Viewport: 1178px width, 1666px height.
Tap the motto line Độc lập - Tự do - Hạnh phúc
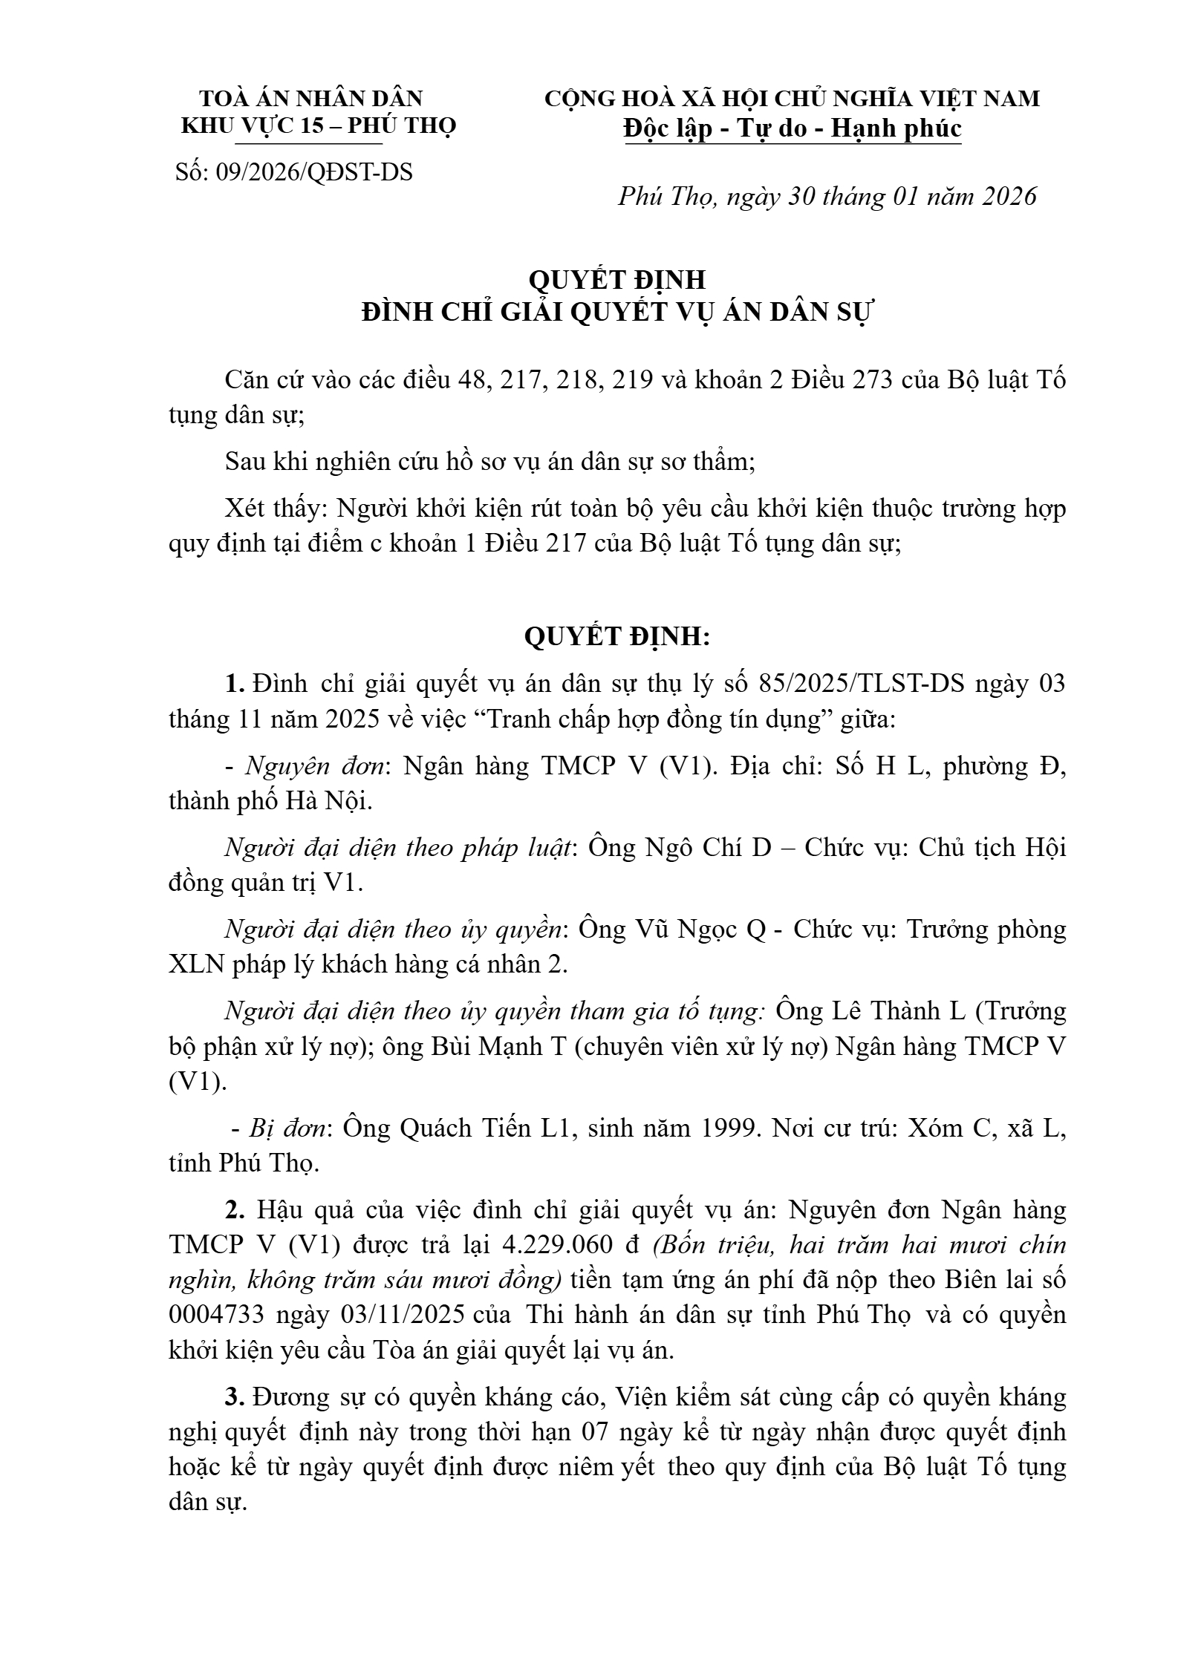793,128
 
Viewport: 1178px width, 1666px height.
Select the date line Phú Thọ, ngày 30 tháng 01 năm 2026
827,196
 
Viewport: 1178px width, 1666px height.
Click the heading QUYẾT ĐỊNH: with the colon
617,636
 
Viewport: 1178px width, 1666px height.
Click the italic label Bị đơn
289,1128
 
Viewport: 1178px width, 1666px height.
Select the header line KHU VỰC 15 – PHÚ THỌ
319,125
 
